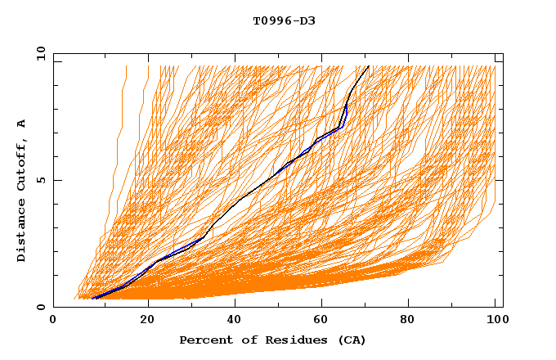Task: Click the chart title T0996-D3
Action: tap(284, 20)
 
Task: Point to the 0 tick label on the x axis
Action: tap(53, 322)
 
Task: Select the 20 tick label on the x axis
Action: tap(148, 322)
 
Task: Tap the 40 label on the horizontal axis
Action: tap(236, 322)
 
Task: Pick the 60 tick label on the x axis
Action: tap(325, 322)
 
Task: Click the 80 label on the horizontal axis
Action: tap(413, 322)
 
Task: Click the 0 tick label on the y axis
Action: tap(39, 308)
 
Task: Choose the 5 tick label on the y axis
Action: tap(39, 181)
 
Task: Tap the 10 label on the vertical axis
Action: tap(36, 53)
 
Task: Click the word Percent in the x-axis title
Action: tap(202, 340)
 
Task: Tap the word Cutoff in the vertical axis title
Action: tap(22, 164)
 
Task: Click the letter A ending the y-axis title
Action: tap(22, 124)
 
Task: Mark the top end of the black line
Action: tap(369, 65)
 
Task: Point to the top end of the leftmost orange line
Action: tap(127, 65)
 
